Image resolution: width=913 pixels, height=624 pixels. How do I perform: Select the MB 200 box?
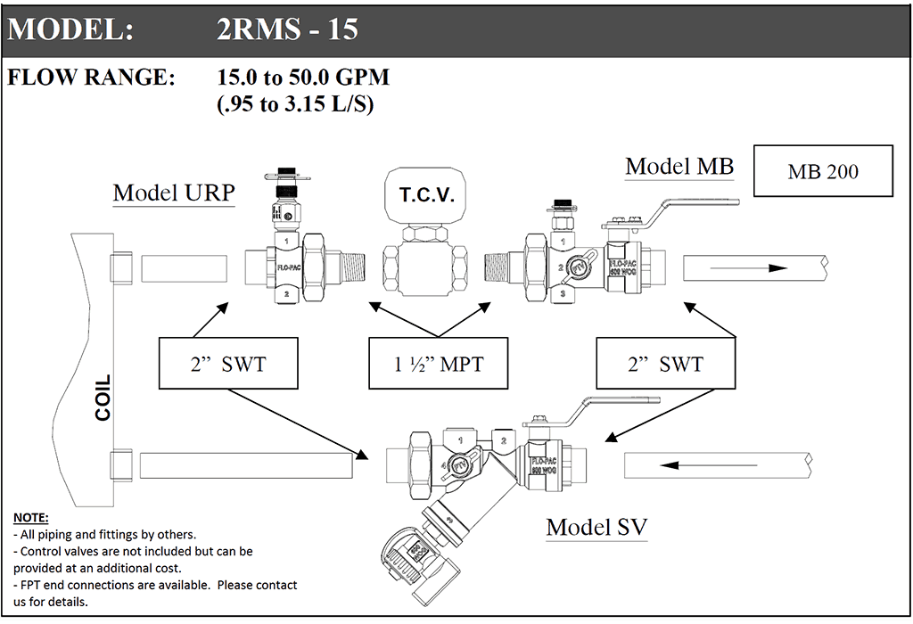coord(823,170)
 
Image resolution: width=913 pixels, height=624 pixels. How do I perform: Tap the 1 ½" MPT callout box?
coord(438,363)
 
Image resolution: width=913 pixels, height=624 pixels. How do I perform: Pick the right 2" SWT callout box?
coord(665,363)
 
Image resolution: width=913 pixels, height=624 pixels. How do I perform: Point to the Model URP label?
coord(173,193)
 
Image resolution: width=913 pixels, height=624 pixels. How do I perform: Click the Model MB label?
coord(679,167)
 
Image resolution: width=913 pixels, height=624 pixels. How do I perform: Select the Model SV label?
coord(596,527)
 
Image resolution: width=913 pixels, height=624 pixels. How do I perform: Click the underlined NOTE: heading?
coord(31,518)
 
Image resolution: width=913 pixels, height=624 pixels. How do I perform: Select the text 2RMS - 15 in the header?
coord(287,29)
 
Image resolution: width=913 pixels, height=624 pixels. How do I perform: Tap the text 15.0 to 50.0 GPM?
coord(303,78)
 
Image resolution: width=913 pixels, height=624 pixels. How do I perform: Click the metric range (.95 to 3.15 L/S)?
coord(294,104)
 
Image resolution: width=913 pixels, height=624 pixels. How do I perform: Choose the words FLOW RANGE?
coord(92,78)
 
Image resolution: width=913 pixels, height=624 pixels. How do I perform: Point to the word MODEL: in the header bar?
coord(71,29)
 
